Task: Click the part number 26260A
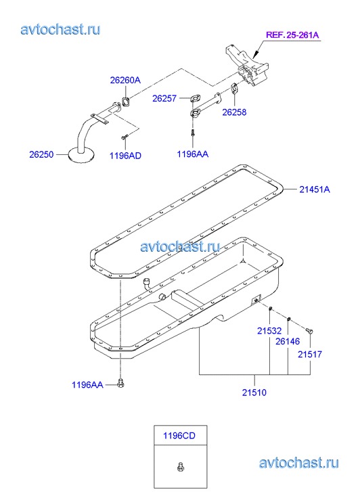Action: click(x=125, y=80)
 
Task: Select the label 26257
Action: click(x=164, y=99)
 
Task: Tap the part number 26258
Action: click(x=234, y=112)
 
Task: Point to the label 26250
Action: click(x=41, y=154)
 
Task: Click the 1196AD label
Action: click(x=125, y=156)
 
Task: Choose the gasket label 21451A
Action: click(x=315, y=189)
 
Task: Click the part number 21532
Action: click(x=269, y=330)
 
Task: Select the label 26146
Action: click(x=288, y=341)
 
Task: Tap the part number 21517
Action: click(x=310, y=354)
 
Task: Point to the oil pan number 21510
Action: click(x=254, y=393)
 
